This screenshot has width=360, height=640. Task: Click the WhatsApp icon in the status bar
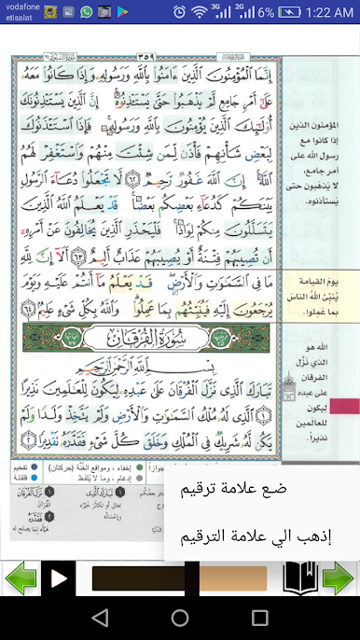click(x=87, y=13)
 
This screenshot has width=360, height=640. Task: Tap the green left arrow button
click(x=21, y=578)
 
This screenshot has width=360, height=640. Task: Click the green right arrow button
click(x=339, y=578)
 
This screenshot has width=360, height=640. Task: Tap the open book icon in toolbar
click(x=300, y=577)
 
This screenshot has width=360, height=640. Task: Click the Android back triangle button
click(x=100, y=618)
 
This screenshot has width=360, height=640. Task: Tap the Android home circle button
click(x=180, y=618)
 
